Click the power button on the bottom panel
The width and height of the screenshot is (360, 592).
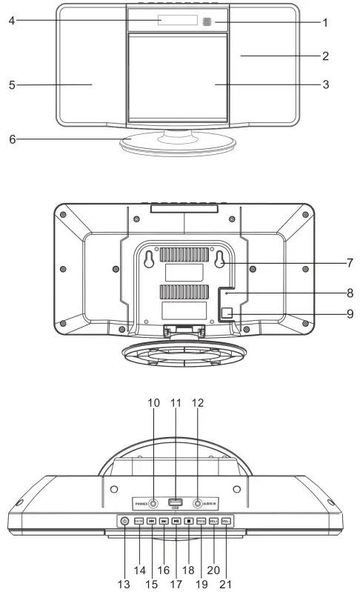pos(124,521)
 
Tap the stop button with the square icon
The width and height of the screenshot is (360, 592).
pos(189,521)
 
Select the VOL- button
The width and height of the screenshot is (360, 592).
pos(226,521)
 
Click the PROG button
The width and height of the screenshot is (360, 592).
pos(201,521)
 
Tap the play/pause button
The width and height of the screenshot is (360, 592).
pos(176,521)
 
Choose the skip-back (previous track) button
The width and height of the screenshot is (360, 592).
pos(151,521)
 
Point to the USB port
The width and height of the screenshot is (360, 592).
pos(176,502)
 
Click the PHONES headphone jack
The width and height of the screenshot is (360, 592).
pos(153,503)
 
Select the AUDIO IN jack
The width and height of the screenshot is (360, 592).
pos(198,503)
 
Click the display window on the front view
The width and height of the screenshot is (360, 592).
pos(177,21)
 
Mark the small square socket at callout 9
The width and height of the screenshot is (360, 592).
pos(229,313)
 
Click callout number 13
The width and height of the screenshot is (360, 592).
pos(124,583)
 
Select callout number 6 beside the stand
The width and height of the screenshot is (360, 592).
pos(12,138)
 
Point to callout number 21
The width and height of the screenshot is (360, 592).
pos(226,583)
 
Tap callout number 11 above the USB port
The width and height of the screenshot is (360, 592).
pos(176,402)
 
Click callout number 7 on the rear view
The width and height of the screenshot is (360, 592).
pos(349,262)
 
